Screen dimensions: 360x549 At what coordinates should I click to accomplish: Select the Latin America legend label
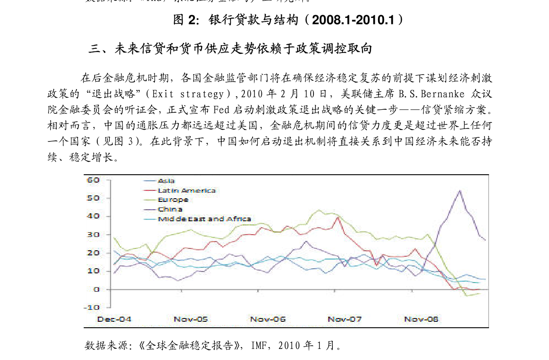tap(187, 190)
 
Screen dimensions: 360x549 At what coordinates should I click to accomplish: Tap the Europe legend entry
tap(173, 200)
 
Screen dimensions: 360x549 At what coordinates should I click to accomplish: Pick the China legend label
tap(170, 209)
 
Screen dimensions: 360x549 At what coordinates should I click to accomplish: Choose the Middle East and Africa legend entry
tap(204, 219)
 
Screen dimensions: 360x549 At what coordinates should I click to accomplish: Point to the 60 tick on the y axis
tap(93, 180)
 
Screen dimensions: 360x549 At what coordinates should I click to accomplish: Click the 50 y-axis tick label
tap(93, 198)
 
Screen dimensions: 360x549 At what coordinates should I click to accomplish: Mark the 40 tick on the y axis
tap(93, 216)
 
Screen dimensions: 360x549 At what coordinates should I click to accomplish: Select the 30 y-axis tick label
tap(93, 235)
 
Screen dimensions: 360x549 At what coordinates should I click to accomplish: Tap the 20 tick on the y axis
tap(93, 253)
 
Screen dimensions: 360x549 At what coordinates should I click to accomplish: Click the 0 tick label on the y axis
tap(96, 289)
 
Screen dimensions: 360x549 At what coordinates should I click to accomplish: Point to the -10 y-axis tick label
tap(92, 307)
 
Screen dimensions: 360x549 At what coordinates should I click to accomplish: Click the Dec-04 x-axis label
tap(114, 319)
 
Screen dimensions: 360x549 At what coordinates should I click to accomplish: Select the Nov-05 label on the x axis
tap(191, 319)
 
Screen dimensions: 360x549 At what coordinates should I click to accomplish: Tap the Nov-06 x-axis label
tap(268, 319)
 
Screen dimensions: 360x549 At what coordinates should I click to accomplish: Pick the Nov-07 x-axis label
tap(345, 319)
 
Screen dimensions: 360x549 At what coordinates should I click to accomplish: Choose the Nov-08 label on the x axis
tap(421, 319)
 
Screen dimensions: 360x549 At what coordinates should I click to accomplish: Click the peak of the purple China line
tap(460, 190)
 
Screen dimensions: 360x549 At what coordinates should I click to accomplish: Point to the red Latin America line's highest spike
tap(338, 217)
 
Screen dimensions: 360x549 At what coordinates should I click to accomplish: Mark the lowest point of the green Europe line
tap(467, 295)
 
